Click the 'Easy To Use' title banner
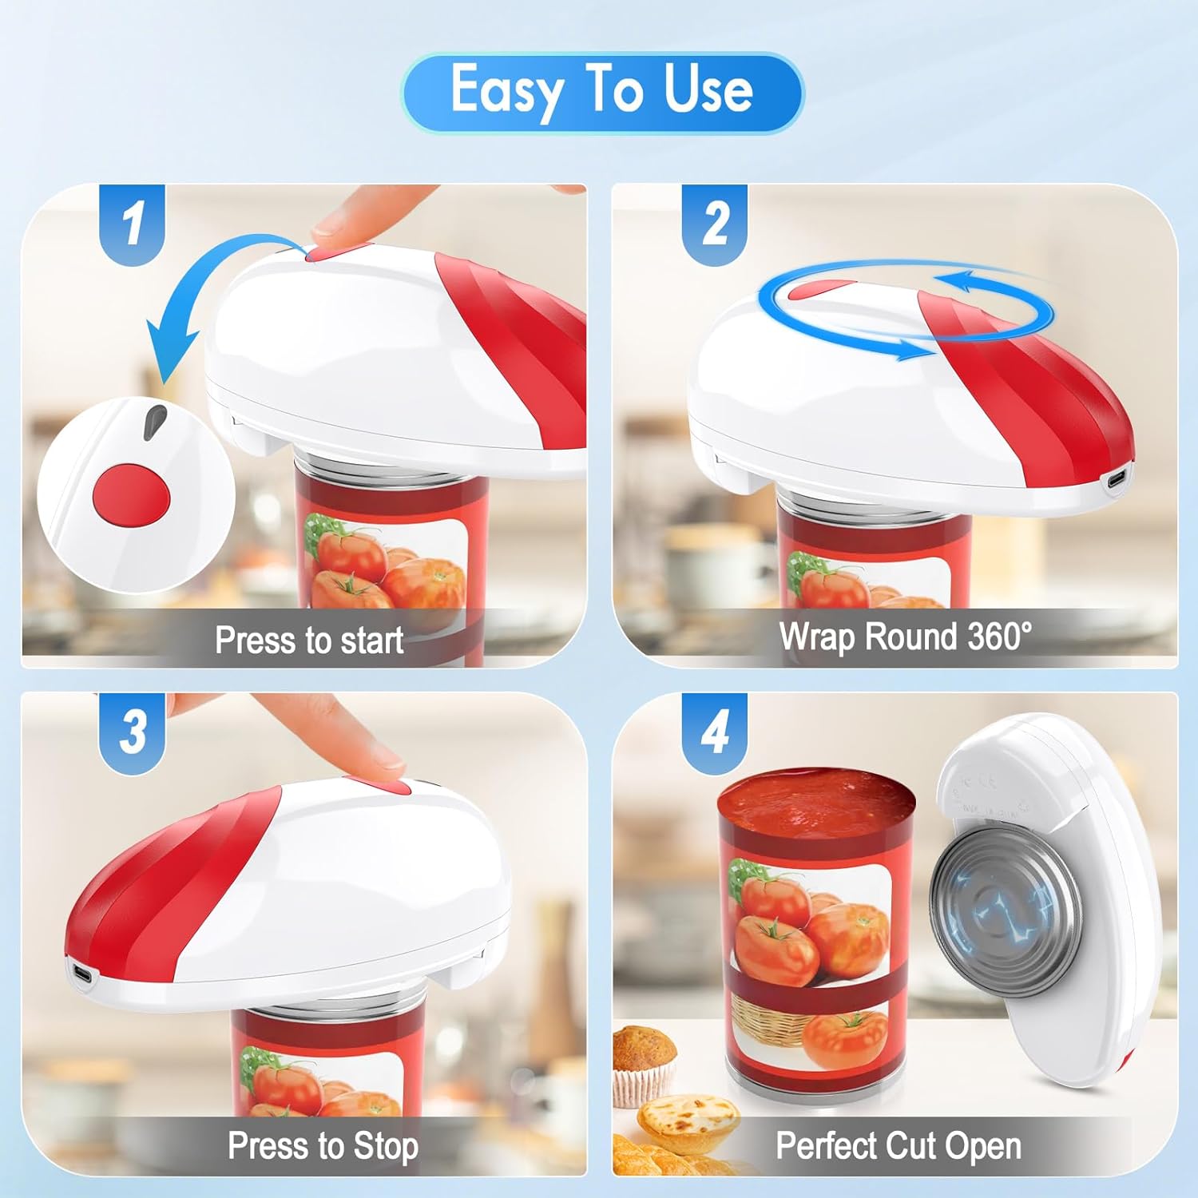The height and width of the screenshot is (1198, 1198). (602, 92)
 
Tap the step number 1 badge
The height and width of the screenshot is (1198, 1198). (132, 223)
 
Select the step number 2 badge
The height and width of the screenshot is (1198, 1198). (715, 223)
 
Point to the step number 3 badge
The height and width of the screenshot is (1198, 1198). (132, 732)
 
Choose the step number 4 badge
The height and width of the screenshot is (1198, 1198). (715, 732)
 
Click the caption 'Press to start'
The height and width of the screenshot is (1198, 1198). (308, 641)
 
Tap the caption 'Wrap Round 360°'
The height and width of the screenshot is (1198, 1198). (905, 637)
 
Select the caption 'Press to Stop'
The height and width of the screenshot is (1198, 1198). (323, 1146)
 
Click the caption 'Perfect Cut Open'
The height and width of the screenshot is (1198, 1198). (898, 1146)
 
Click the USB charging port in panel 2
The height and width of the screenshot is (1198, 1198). (1115, 481)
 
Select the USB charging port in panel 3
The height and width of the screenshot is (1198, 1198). (82, 974)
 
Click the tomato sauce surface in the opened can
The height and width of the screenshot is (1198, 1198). (815, 803)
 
